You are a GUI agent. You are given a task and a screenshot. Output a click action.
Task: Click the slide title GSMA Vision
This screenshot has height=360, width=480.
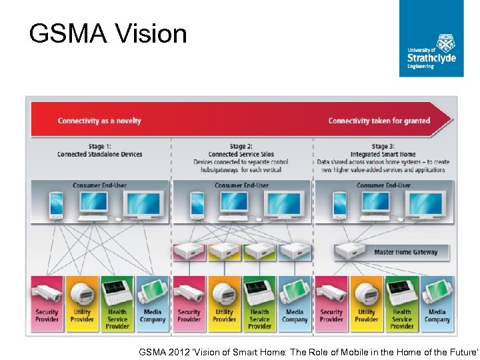[x=108, y=33]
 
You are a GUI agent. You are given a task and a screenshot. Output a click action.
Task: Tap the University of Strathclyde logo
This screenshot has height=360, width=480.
[x=431, y=38]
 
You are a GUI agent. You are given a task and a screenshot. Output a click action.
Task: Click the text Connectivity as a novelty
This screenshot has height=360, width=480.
[x=99, y=121]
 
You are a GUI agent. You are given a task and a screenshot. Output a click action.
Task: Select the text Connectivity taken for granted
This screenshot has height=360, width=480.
[x=379, y=121]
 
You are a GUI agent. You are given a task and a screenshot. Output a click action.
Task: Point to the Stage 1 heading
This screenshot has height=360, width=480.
[x=99, y=150]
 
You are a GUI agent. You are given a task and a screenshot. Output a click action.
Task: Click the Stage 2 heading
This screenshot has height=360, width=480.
[x=241, y=150]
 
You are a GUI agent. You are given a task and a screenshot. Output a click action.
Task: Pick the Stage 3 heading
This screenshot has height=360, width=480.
[x=383, y=150]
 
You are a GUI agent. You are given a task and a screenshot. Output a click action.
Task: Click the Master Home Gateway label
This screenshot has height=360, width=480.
[x=406, y=252]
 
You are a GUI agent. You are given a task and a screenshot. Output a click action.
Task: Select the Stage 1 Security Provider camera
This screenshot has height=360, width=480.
[x=47, y=293]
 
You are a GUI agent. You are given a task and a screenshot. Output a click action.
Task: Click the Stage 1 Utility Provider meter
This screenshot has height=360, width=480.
[x=82, y=293]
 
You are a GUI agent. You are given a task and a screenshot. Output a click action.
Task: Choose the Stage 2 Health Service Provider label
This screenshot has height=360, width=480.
[x=259, y=319]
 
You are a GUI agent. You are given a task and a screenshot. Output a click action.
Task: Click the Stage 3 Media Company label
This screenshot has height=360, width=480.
[x=437, y=315]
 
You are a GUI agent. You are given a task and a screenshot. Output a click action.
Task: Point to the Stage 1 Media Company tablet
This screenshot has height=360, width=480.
[x=153, y=293]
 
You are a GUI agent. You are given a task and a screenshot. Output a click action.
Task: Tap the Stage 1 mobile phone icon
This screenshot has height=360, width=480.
[x=56, y=205]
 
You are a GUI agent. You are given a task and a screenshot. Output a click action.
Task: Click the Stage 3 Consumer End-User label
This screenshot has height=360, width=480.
[x=383, y=185]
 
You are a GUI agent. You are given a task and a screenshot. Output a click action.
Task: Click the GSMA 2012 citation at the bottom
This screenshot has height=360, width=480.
[x=308, y=350]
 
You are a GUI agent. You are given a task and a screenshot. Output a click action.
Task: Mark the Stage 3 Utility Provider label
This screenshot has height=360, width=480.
[x=367, y=315]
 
